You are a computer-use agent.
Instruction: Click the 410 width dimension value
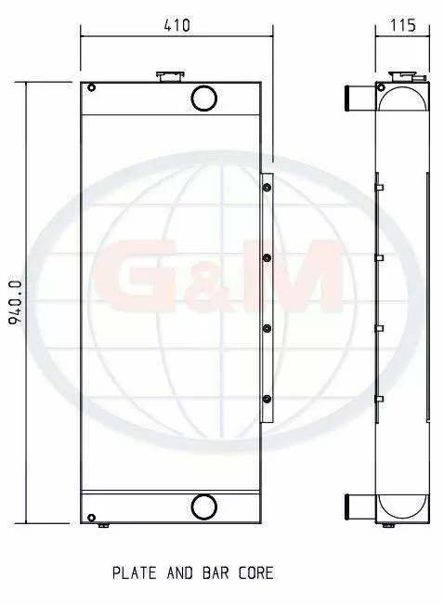pyautogui.click(x=177, y=25)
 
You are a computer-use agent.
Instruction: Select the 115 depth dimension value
pyautogui.click(x=403, y=25)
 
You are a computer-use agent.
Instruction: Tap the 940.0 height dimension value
pyautogui.click(x=17, y=303)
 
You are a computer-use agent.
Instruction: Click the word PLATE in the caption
pyautogui.click(x=135, y=573)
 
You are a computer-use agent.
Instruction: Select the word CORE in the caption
pyautogui.click(x=255, y=573)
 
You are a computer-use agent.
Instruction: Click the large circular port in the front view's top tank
pyautogui.click(x=204, y=98)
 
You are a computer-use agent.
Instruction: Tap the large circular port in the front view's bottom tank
pyautogui.click(x=204, y=506)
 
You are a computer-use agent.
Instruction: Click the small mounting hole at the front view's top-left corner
pyautogui.click(x=91, y=88)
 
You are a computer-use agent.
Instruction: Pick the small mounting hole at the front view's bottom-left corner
pyautogui.click(x=91, y=518)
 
